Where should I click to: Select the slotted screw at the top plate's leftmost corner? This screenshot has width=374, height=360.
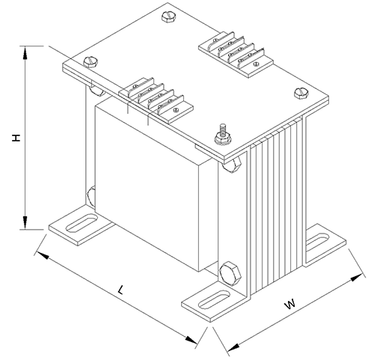[x=92, y=63]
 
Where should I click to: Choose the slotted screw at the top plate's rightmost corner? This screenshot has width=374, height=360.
[x=302, y=94]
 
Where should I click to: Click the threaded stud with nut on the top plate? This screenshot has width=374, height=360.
[x=222, y=134]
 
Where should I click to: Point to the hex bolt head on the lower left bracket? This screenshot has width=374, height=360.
[x=91, y=195]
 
